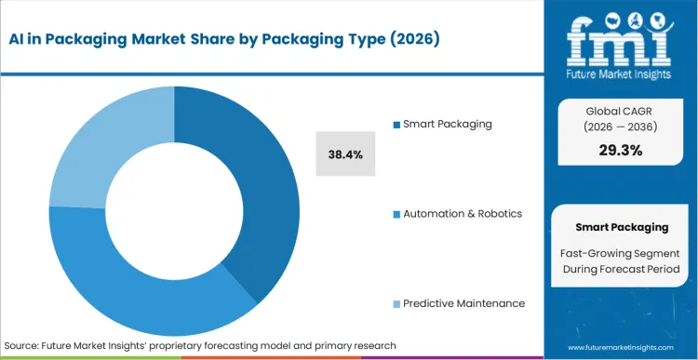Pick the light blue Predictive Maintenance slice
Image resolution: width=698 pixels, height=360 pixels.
[x=102, y=149]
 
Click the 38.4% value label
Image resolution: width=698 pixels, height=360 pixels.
[x=345, y=153]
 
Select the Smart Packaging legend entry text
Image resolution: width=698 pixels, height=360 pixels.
[x=447, y=124]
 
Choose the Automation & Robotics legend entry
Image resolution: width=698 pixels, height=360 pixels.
[x=461, y=214]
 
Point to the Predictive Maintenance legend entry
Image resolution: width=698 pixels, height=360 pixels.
[x=463, y=303]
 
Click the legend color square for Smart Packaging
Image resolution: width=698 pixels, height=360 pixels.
[x=396, y=124]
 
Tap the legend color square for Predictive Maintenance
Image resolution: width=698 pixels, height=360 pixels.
[x=396, y=304]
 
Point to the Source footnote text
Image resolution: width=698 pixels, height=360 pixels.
[x=200, y=345]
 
